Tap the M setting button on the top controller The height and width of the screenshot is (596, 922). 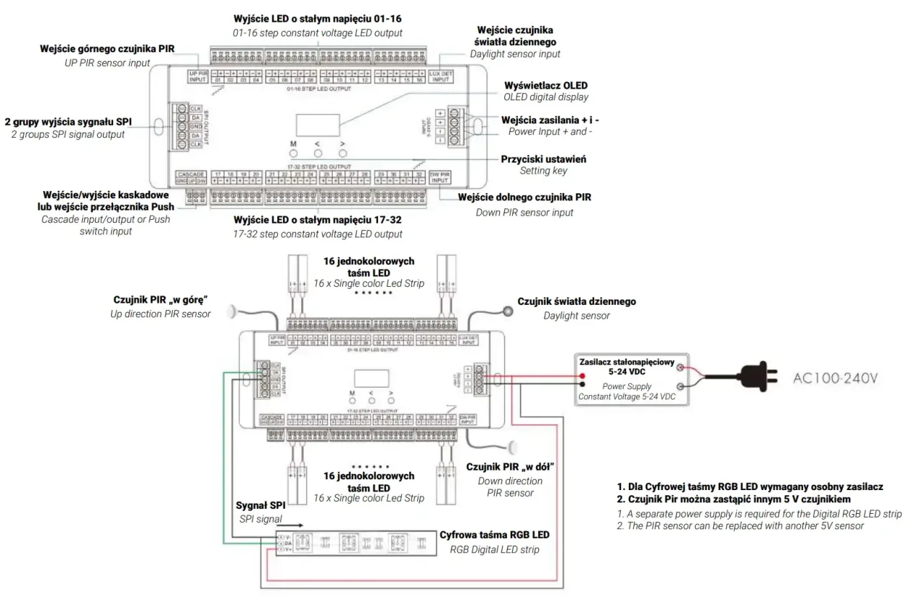coord(293,154)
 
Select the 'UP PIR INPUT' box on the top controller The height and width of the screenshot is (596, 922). coord(198,76)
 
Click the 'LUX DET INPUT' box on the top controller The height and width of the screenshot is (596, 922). coord(440,76)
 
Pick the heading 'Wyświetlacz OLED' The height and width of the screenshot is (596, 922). coord(546,84)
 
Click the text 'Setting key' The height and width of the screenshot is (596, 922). coord(543,171)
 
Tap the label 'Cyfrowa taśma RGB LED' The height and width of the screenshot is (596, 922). coord(494,535)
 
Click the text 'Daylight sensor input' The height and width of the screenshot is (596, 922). coord(514,54)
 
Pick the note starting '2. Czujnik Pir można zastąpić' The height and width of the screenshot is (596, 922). coord(734,499)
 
